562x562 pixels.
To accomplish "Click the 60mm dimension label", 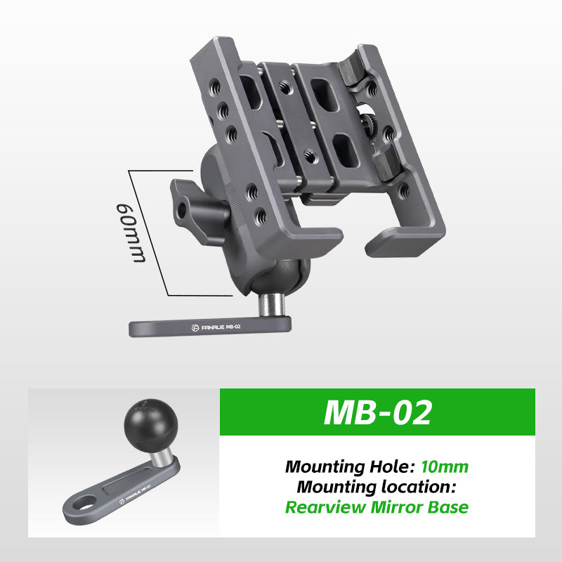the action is click(131, 233).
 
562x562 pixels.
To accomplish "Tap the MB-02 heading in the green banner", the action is click(377, 412).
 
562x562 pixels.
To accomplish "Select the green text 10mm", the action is click(445, 466).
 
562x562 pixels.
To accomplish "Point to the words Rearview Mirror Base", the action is click(377, 507).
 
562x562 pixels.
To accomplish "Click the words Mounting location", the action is click(377, 487).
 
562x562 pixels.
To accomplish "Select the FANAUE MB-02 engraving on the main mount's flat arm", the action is click(216, 327).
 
